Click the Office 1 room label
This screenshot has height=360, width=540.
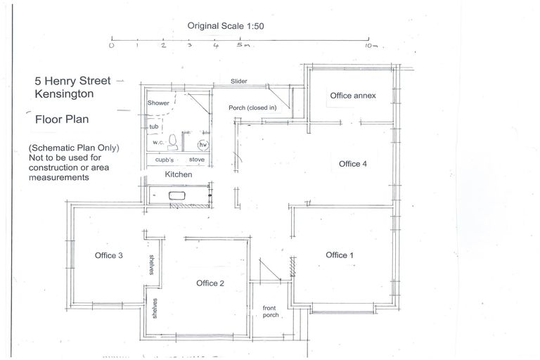[340, 255]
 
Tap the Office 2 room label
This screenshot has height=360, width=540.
[210, 283]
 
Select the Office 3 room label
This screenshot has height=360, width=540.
[109, 255]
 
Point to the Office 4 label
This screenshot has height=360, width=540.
[353, 164]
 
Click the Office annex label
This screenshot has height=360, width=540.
[354, 95]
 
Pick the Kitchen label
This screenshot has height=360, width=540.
[179, 174]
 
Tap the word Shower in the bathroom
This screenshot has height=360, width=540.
[158, 103]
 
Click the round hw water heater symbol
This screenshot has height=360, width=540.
[203, 144]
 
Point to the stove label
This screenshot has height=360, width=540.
[197, 160]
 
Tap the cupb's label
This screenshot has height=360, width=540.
[166, 160]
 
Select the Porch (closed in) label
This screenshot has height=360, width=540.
[252, 108]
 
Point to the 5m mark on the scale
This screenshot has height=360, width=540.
[241, 45]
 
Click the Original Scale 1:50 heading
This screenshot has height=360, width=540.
[225, 25]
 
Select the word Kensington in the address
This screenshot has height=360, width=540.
[64, 94]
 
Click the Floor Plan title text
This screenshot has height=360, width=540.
[62, 120]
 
